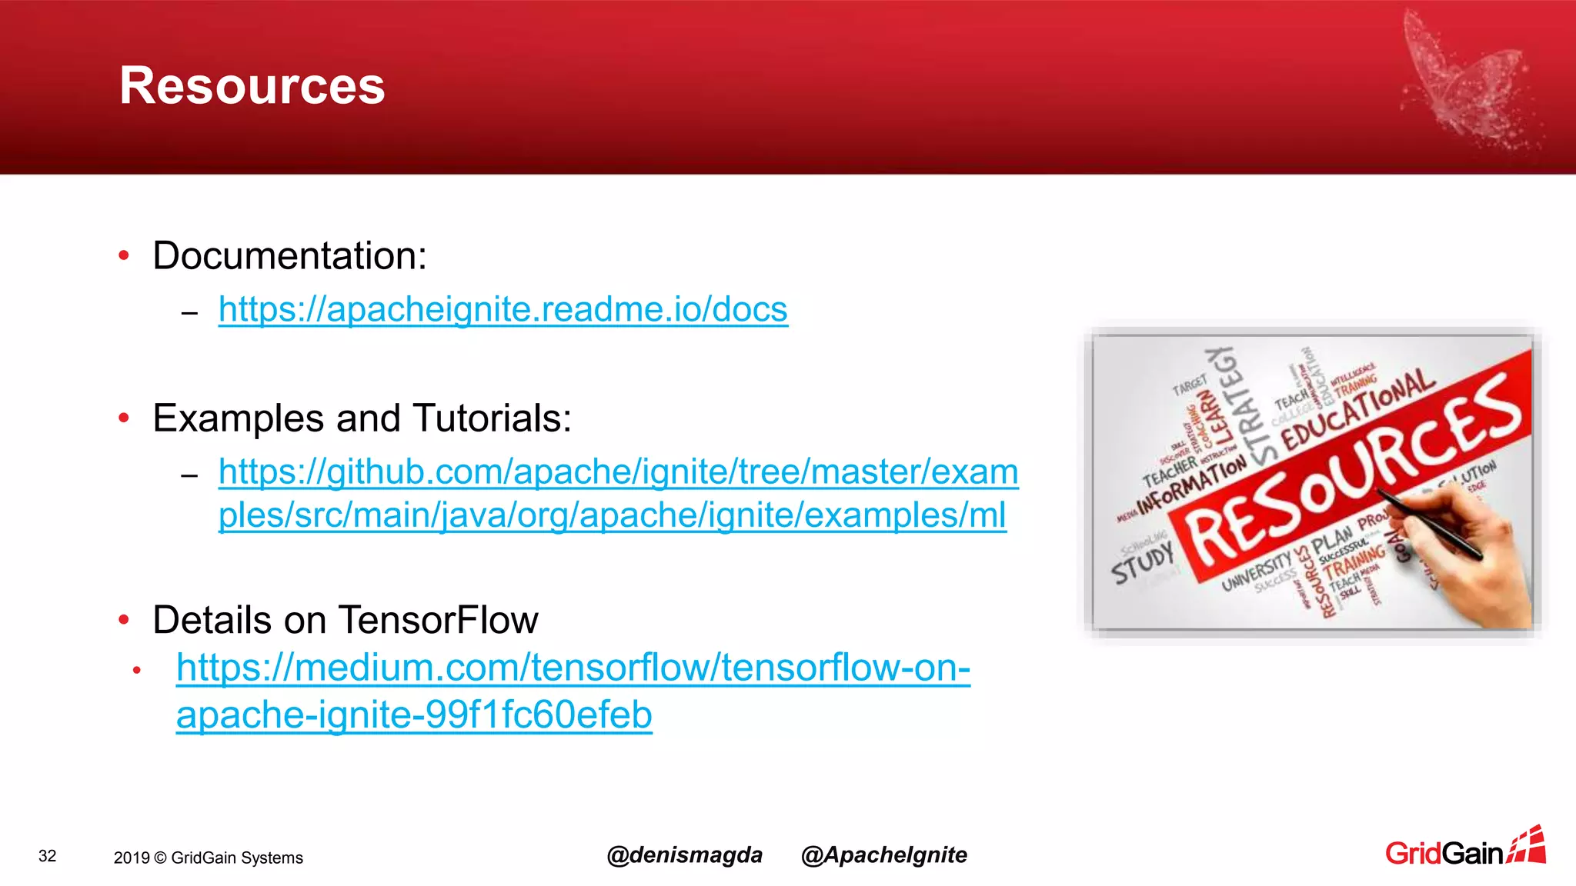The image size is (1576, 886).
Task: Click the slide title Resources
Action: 252,85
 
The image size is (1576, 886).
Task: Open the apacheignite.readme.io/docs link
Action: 503,309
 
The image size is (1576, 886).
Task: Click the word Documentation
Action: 289,255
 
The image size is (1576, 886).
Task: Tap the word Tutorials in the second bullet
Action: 491,418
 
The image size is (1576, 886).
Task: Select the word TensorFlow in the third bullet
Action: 438,620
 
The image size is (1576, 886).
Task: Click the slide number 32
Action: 48,856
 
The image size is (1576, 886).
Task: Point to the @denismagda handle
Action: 684,854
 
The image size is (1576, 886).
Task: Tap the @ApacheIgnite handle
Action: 883,854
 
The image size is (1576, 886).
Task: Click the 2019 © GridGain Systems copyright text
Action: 208,858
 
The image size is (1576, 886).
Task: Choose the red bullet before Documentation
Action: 124,255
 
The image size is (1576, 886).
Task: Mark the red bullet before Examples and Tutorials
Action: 124,418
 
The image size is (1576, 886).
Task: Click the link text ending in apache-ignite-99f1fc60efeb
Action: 414,714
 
